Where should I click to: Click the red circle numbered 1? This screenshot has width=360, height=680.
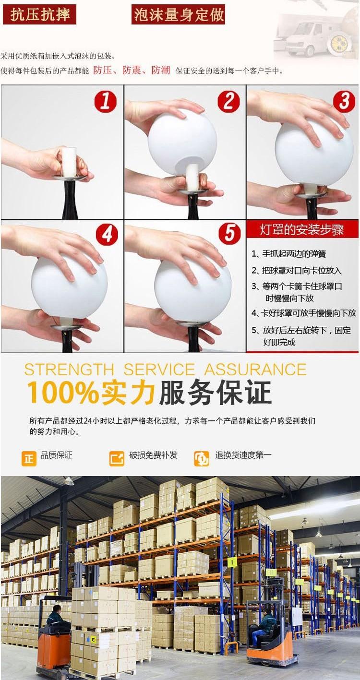coord(105,101)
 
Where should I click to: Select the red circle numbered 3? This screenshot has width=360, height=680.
coord(345,101)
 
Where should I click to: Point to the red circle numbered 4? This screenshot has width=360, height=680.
coord(107,235)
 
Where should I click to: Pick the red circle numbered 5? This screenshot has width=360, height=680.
coord(229,233)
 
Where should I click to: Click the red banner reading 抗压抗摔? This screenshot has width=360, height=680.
coord(39,14)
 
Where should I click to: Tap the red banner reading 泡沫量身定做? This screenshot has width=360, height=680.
coord(179,14)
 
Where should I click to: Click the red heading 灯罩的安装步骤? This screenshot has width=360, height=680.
coord(302,229)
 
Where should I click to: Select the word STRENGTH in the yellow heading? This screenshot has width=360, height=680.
coord(69,370)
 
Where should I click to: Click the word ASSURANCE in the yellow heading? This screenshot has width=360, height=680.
coord(255,370)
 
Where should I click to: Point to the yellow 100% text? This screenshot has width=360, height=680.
coord(63,393)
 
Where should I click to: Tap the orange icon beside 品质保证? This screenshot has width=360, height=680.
coord(29,458)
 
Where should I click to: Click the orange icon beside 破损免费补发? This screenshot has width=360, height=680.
coord(117,458)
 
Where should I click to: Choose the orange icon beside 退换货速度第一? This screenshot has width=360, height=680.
coord(202,458)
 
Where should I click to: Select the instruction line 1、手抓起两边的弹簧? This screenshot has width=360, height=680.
coord(288,254)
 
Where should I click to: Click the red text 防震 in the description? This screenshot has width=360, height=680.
coord(131,71)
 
